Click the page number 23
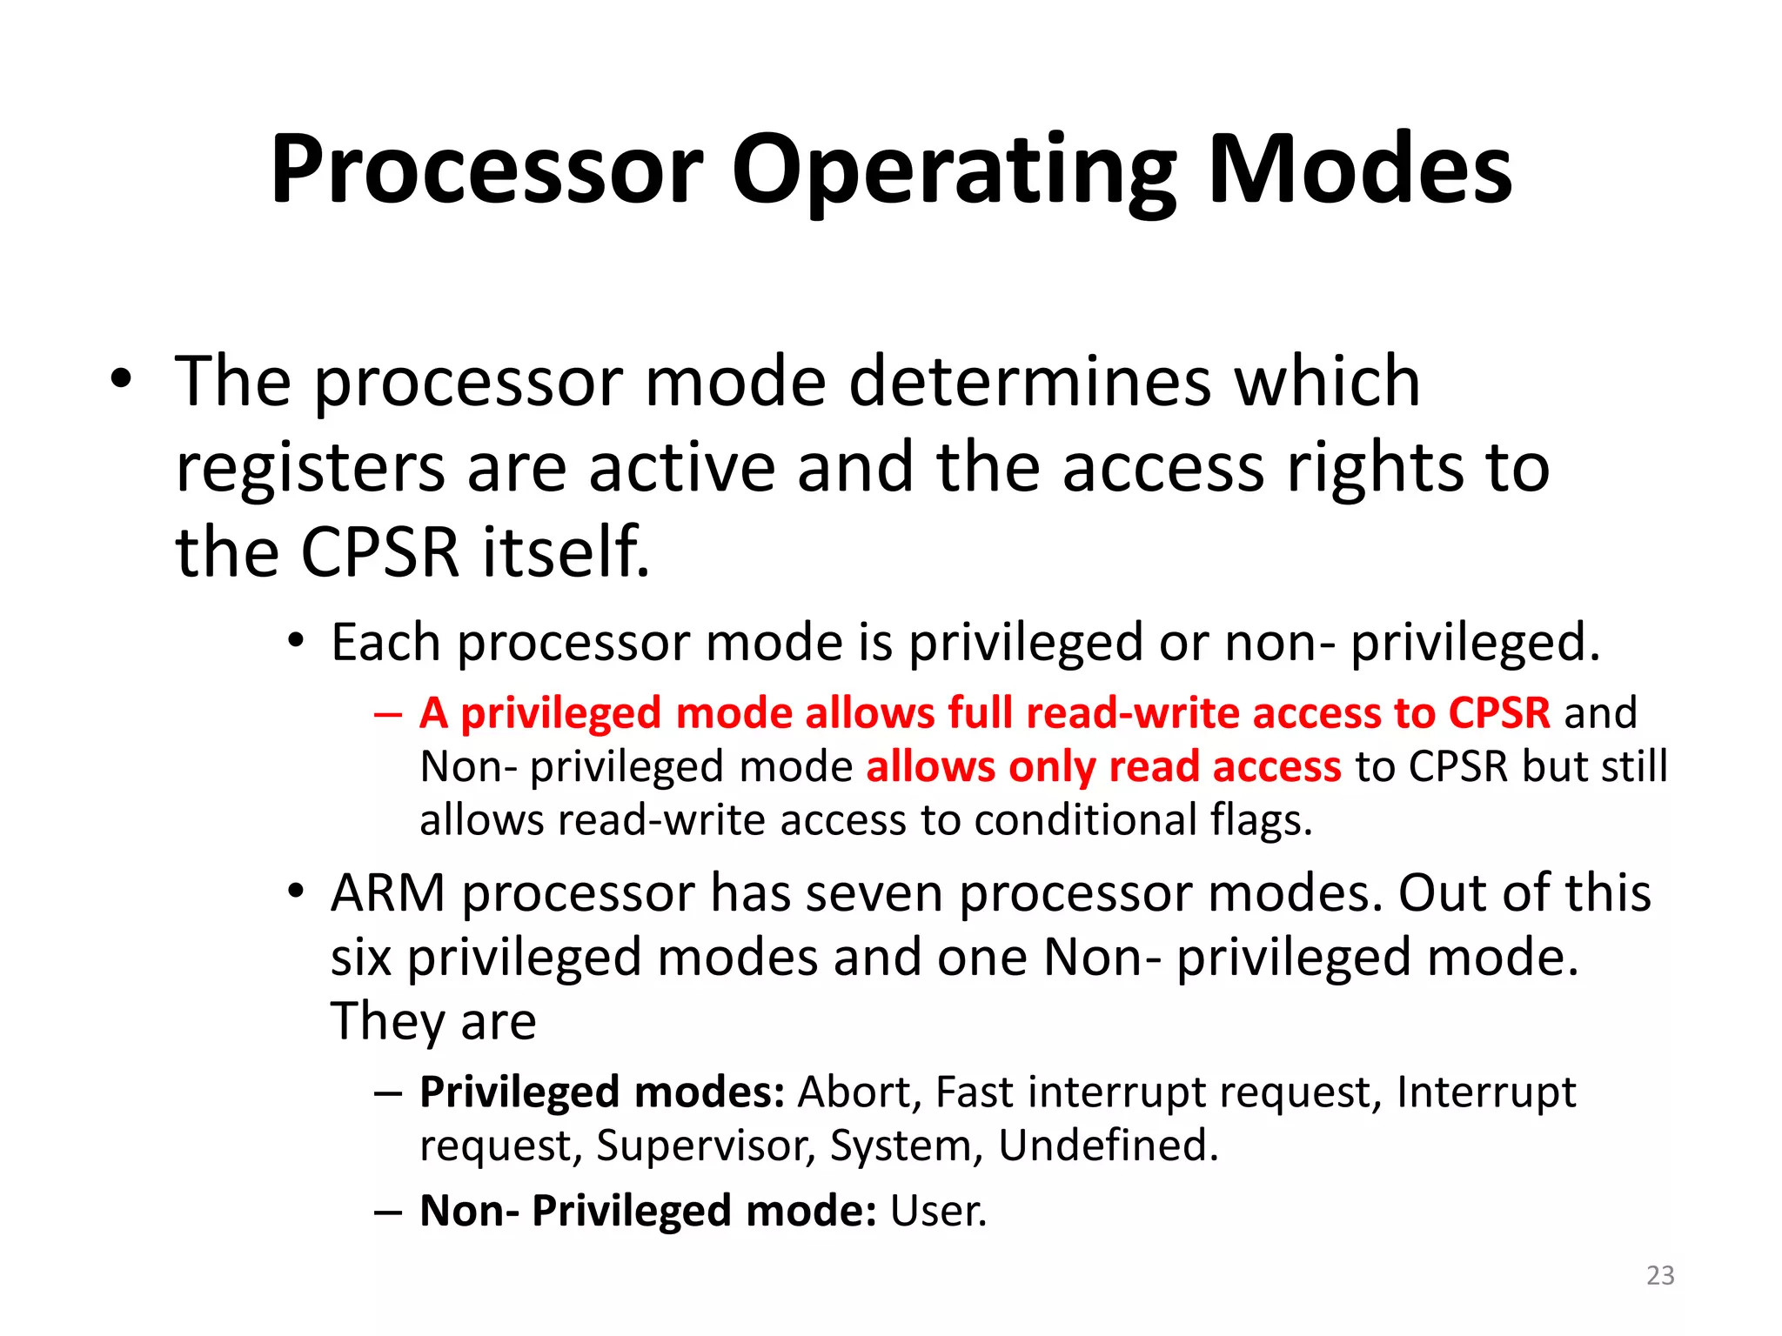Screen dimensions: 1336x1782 coord(1660,1275)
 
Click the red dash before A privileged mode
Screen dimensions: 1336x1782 coord(388,714)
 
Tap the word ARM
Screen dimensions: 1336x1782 coord(388,893)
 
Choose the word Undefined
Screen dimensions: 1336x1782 coord(1108,1146)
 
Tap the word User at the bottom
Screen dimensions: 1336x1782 coord(938,1211)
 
